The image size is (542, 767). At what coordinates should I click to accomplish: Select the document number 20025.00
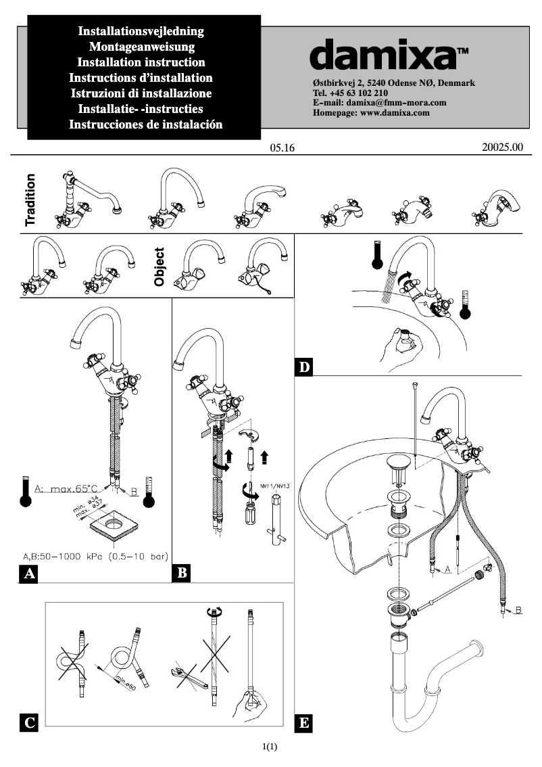coord(503,147)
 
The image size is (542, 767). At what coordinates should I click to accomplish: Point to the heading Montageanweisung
coord(142,47)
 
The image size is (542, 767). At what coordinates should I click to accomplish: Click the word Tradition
coord(30,200)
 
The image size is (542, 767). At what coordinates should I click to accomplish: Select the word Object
coord(159,266)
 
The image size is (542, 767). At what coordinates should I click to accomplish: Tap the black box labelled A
coord(28,574)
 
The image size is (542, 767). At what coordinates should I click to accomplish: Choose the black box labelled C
coord(28,722)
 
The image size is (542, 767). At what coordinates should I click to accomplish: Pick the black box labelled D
coord(305,367)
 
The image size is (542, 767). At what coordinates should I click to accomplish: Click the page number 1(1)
coord(270,747)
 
